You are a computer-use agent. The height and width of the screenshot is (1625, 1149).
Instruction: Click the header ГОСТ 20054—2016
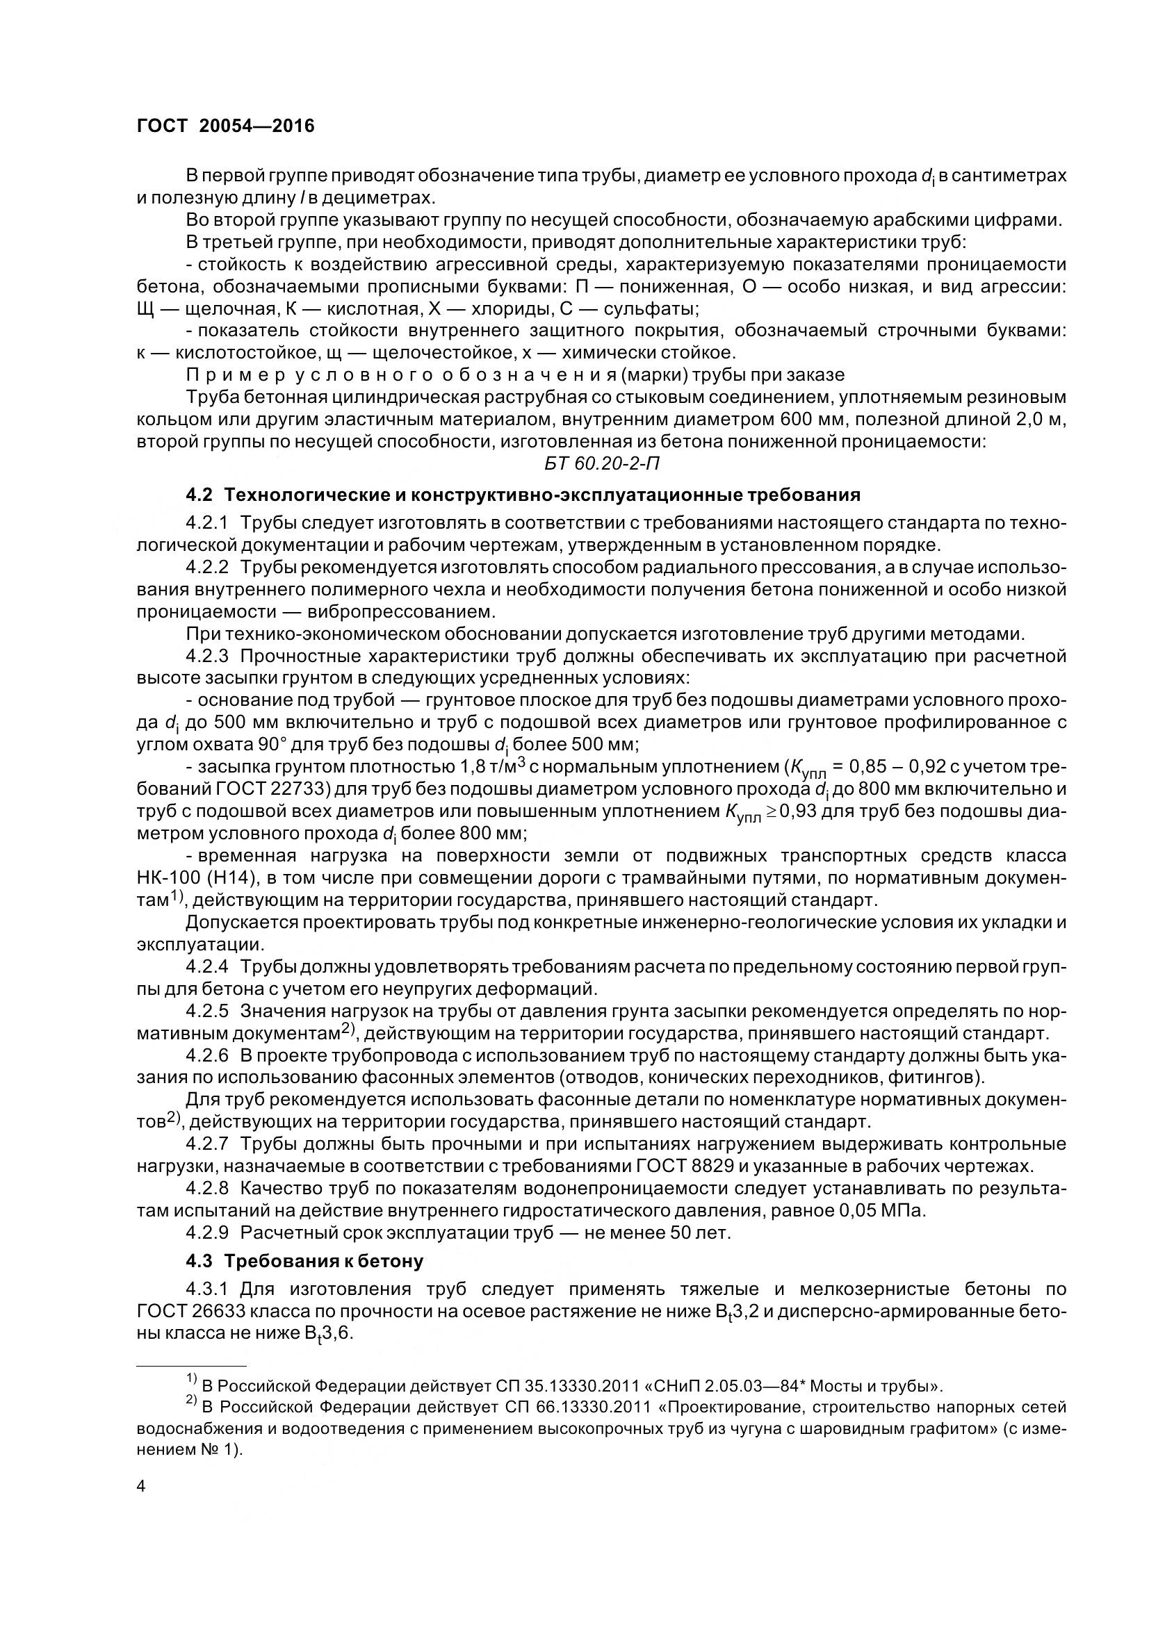point(225,126)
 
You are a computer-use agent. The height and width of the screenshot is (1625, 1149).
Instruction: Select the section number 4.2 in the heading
point(198,495)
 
